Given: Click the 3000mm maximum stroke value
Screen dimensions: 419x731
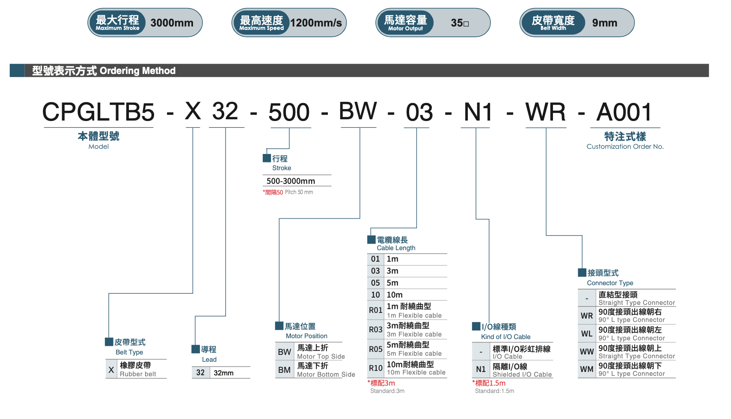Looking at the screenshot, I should click(172, 23).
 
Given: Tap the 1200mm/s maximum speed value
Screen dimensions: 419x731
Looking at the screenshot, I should click(316, 23).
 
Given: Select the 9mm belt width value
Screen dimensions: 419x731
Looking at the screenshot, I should click(604, 23).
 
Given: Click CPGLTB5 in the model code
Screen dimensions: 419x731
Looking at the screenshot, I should click(98, 112).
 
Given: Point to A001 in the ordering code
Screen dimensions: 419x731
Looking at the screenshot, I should click(624, 112).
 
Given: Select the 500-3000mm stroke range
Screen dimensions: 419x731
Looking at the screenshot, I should click(291, 181).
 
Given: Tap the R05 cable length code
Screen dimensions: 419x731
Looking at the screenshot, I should click(375, 349).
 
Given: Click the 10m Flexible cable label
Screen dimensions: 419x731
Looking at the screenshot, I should click(416, 372).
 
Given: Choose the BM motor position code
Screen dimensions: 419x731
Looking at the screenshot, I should click(284, 370).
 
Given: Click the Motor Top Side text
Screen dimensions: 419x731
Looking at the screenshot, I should click(321, 357).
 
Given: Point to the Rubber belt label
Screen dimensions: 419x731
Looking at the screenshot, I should click(138, 374).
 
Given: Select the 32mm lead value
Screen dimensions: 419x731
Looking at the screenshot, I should click(223, 373).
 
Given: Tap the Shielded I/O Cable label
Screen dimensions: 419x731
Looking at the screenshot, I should click(522, 375).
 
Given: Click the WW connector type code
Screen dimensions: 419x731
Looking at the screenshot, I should click(586, 352).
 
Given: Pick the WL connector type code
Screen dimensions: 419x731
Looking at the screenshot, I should click(586, 334).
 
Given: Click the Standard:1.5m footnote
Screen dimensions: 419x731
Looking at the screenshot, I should click(494, 391).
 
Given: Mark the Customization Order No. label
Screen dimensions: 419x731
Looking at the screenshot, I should click(625, 146).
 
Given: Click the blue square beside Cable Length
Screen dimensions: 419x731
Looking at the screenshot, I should click(371, 240).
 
